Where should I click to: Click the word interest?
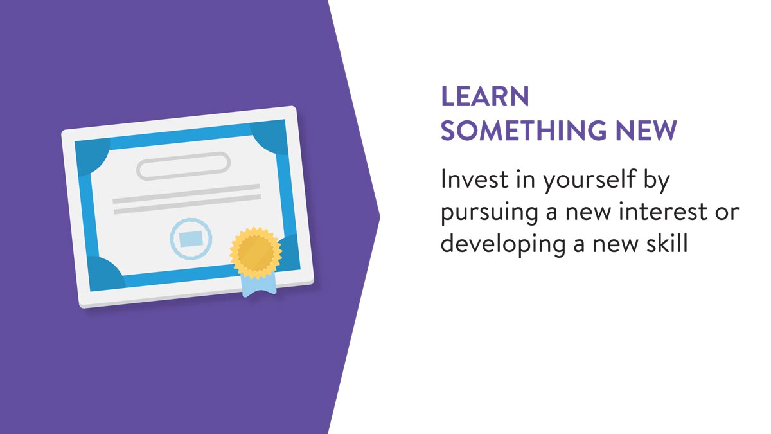click(x=663, y=212)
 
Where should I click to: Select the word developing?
click(x=503, y=244)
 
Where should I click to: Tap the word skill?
click(x=667, y=242)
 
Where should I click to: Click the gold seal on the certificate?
click(x=256, y=253)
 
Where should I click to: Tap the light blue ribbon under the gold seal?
click(x=259, y=285)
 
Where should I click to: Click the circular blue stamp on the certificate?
click(x=191, y=239)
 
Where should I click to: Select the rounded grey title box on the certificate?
click(x=184, y=166)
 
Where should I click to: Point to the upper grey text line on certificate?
click(x=186, y=194)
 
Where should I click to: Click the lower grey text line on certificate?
click(x=188, y=204)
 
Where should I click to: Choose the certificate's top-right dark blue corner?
click(x=271, y=136)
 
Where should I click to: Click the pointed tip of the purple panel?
click(x=380, y=217)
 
